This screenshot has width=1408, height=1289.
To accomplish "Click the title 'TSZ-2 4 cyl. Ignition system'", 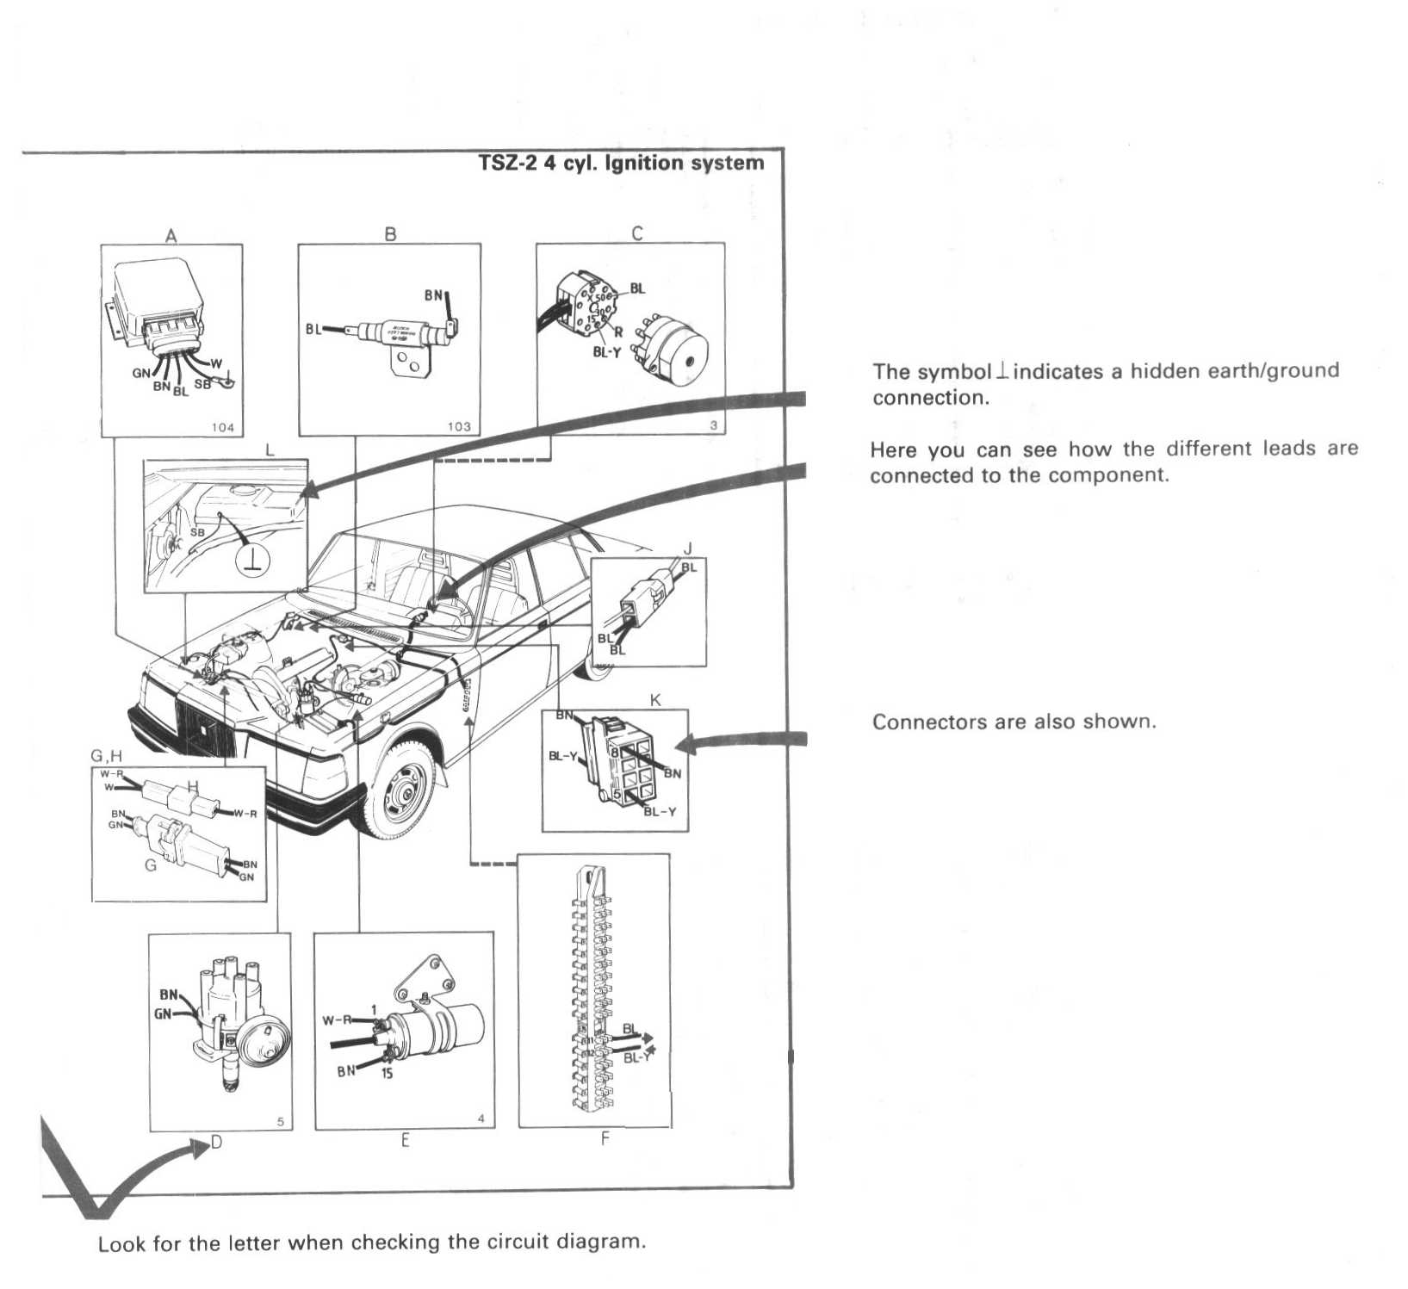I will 621,163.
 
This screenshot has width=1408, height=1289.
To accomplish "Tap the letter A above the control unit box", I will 171,235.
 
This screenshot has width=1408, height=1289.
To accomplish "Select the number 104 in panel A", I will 222,427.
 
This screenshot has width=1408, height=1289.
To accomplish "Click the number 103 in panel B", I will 459,426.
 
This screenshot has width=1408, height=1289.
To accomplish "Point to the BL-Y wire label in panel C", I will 606,352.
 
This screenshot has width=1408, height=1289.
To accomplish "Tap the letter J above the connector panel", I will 687,548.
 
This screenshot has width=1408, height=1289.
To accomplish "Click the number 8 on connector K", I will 615,752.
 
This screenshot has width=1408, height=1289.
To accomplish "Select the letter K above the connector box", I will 655,700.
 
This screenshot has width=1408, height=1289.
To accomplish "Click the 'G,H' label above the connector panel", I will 107,756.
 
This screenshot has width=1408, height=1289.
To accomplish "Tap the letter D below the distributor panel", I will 216,1143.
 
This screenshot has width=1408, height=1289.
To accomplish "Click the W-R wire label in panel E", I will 337,1020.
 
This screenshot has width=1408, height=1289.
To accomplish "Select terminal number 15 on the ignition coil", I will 388,1074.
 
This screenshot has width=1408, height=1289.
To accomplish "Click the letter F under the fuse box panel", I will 605,1139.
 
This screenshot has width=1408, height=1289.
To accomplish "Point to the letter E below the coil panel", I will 405,1141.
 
